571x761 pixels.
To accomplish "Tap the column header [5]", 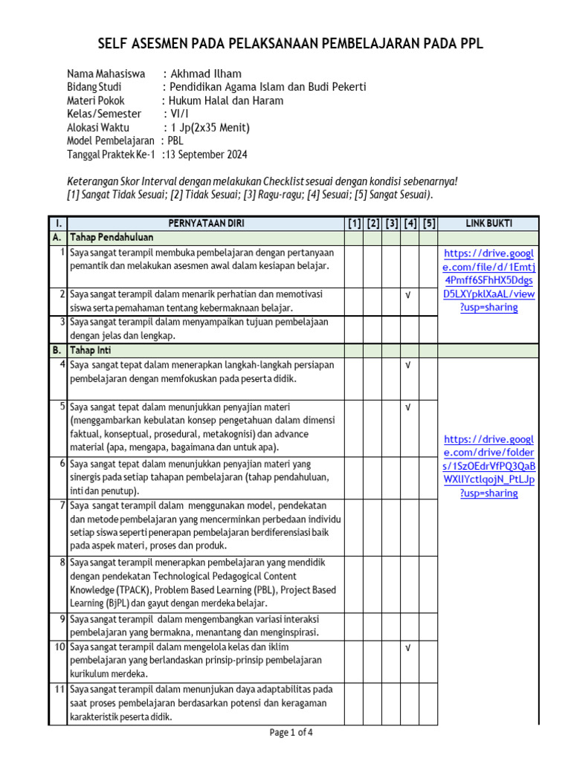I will click(428, 224).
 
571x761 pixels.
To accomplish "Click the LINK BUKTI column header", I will click(488, 224).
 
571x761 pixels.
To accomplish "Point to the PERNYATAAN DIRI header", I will click(205, 224).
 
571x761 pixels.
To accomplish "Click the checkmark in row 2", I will click(408, 295).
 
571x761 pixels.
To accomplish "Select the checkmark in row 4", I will click(408, 365).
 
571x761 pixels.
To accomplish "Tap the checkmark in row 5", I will click(408, 407).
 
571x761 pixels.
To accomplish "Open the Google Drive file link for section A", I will click(488, 280).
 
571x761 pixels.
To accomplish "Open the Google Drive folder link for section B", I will click(488, 465).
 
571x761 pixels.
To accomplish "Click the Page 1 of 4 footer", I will click(291, 733).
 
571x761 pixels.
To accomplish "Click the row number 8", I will click(62, 563).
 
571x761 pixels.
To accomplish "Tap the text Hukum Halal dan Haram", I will click(226, 101).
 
